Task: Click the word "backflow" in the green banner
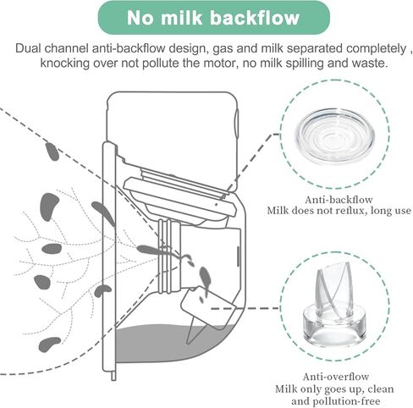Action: pyautogui.click(x=255, y=18)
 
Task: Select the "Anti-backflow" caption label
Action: pyautogui.click(x=339, y=200)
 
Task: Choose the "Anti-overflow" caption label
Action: pyautogui.click(x=336, y=377)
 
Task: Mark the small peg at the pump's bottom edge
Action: pyautogui.click(x=113, y=376)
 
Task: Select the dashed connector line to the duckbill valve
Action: pyautogui.click(x=245, y=308)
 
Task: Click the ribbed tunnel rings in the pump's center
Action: pyautogui.click(x=168, y=256)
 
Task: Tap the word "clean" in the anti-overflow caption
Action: pyautogui.click(x=380, y=389)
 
